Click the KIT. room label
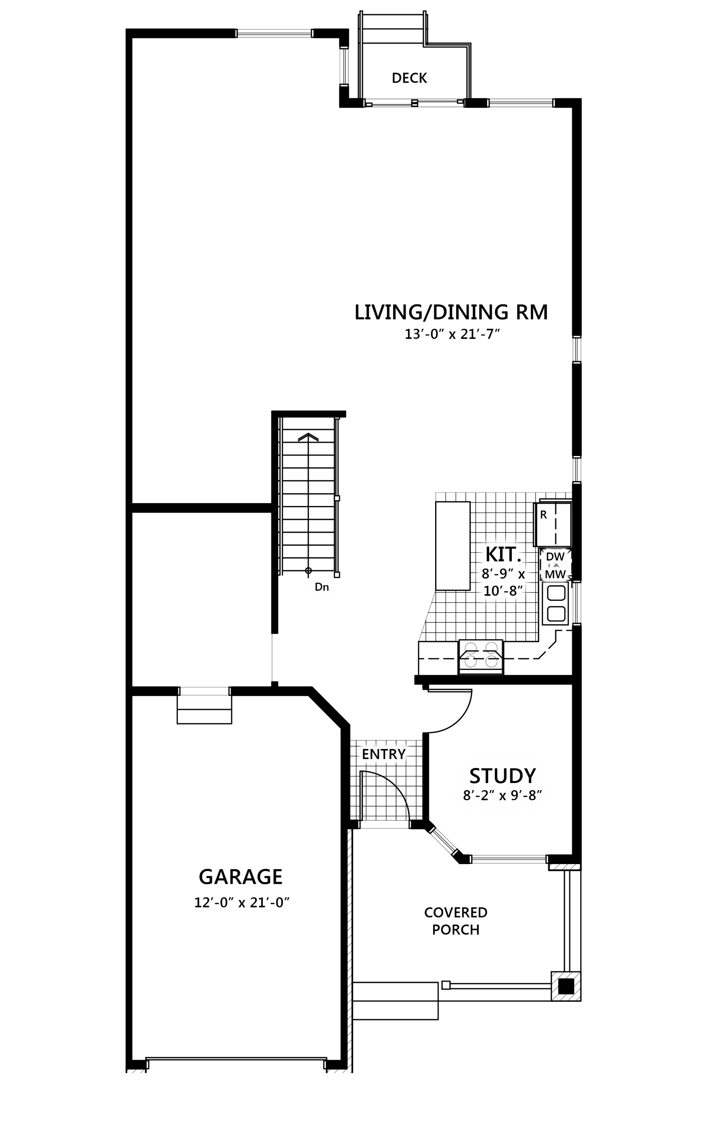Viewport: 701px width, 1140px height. [503, 555]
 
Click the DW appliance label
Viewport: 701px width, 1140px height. [555, 557]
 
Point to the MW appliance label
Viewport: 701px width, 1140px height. [555, 574]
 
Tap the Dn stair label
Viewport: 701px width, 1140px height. [321, 587]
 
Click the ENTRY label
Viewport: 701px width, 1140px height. [384, 754]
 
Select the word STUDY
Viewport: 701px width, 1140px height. [502, 776]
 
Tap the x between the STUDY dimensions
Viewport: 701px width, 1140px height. [502, 796]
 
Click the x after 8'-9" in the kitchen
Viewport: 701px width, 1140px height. [521, 574]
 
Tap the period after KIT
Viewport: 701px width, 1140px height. [519, 560]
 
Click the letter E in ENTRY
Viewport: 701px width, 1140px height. [366, 754]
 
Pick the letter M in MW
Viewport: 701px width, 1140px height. [550, 574]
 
